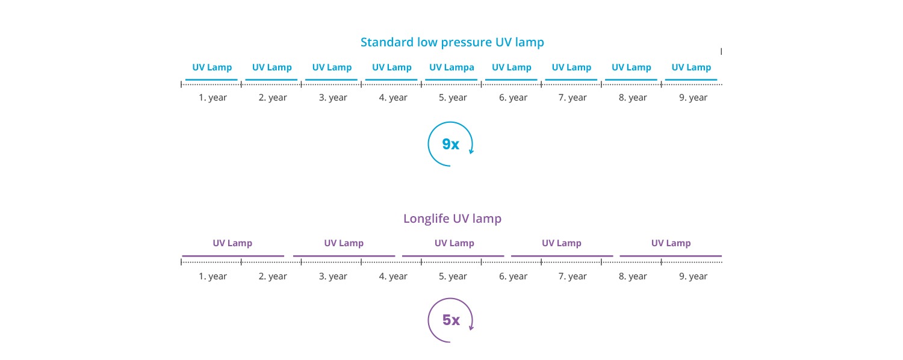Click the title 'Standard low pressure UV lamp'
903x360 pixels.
452,42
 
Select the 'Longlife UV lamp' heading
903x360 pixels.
452,219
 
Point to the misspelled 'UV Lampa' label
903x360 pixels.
451,67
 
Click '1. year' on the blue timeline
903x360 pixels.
213,98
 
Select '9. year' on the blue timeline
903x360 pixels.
693,98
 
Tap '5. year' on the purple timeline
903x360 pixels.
453,276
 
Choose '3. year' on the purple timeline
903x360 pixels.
332,276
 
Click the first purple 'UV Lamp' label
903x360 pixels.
232,243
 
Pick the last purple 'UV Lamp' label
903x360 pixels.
671,243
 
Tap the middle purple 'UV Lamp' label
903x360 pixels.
454,243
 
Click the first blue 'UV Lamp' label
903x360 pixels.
212,67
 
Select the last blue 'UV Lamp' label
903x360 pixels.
691,67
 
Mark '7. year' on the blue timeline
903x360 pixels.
573,98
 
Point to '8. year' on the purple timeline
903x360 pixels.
633,276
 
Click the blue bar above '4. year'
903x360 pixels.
391,80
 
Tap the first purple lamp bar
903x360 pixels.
233,256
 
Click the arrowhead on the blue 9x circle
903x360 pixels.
471,151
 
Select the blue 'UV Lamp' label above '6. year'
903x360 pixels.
511,67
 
